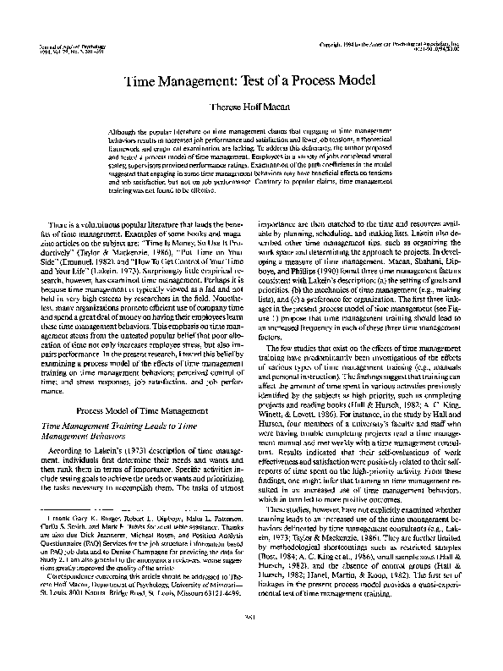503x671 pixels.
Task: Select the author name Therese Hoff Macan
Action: click(x=251, y=108)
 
